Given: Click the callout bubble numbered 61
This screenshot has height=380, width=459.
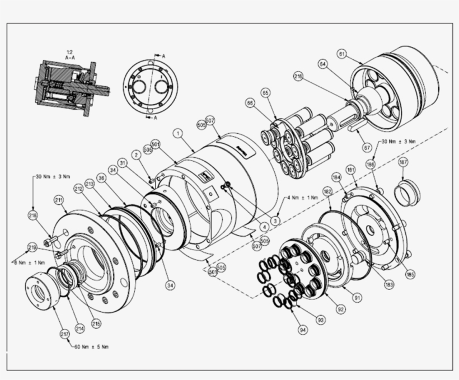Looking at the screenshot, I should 341,54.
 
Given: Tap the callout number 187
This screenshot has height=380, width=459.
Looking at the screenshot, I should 403,162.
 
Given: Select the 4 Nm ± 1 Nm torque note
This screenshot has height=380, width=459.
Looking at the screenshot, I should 303,198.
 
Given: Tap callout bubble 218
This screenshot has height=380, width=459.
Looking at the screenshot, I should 33,215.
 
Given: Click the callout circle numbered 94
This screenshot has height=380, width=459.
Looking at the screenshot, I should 302,330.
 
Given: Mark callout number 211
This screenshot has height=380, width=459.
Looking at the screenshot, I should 58,200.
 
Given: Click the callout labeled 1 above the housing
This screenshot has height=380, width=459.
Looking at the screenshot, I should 177,134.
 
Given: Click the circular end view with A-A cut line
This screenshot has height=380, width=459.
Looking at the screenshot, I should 150,87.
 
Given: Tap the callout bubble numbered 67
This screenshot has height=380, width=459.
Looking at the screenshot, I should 367,148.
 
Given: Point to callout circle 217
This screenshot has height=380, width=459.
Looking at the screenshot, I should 65,334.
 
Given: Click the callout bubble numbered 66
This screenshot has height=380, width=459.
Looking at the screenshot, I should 250,102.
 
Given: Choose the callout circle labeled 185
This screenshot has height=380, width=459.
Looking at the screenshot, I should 411,275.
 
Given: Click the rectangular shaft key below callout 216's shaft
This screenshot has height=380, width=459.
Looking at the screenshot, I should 355,128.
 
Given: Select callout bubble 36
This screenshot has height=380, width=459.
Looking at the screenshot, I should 101,177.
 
